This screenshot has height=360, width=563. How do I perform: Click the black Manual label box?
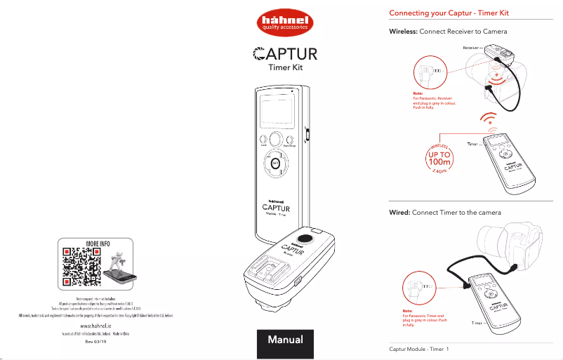point(284,340)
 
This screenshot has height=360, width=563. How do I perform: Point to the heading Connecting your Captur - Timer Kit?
point(449,13)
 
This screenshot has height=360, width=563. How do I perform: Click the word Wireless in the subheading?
point(403,32)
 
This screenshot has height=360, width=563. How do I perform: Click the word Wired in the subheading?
point(399,212)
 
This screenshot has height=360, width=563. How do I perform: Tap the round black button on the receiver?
point(305,239)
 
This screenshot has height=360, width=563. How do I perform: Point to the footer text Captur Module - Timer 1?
point(419,349)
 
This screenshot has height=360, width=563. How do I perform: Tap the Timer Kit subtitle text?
point(285,69)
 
